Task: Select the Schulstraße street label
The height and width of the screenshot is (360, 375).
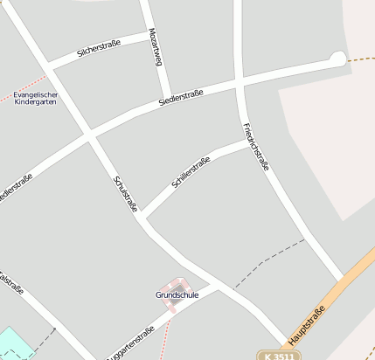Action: coord(126,193)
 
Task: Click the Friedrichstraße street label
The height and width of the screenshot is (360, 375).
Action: coord(255,147)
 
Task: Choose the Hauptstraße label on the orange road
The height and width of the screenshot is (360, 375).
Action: coord(307,324)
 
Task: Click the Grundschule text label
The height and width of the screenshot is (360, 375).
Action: coord(177,295)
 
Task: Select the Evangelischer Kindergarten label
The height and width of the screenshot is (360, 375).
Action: coord(36,98)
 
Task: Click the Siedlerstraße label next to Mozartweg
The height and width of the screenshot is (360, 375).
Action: coord(182,96)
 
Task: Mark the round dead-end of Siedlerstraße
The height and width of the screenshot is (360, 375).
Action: coord(337,59)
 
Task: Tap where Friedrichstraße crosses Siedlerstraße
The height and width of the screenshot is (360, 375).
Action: coord(240,84)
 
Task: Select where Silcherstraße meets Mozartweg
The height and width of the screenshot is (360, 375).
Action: coord(149,36)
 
